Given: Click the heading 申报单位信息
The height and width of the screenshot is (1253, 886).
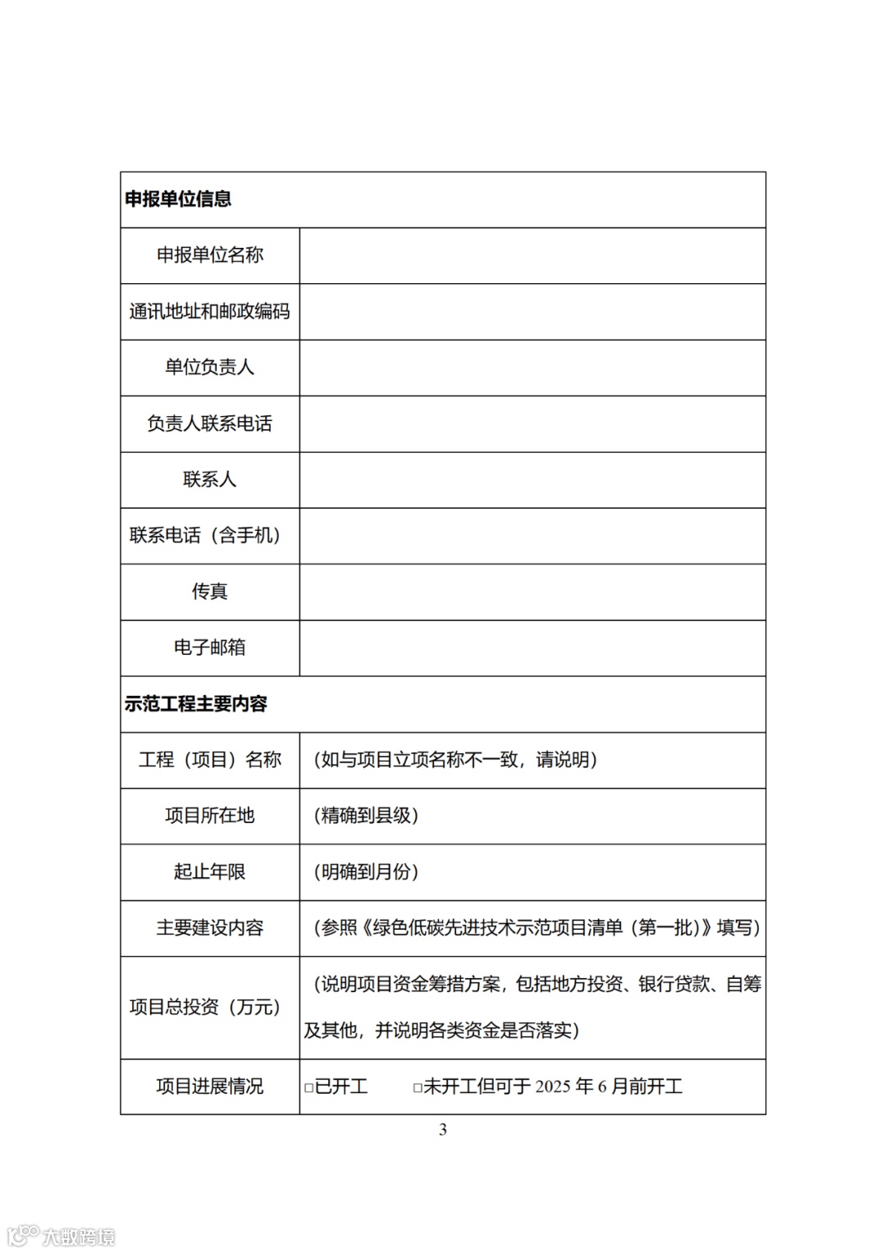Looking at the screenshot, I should [178, 199].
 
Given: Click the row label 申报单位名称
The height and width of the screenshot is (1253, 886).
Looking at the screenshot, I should [210, 255].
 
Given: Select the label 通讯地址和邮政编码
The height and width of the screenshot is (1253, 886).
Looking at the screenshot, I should [210, 311].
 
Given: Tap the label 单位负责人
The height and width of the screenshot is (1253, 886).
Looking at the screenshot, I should [210, 368].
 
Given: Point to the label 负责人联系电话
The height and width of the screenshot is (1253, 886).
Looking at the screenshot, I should [210, 423].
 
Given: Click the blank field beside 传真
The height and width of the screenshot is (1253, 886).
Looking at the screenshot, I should [532, 592].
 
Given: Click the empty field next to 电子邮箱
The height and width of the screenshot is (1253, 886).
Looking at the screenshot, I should [532, 647].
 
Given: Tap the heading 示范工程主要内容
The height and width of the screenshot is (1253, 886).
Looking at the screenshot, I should [196, 704].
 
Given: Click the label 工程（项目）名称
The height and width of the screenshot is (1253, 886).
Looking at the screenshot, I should [210, 760].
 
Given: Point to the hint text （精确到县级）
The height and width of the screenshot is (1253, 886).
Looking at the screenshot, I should [366, 816].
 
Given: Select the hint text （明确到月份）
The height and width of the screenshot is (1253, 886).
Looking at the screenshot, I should [366, 872].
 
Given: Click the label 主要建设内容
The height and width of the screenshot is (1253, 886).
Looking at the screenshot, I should [210, 928].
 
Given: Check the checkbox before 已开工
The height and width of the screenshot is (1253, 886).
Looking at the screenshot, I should [309, 1088].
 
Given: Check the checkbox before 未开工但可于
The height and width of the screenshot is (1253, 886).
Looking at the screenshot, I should [418, 1088].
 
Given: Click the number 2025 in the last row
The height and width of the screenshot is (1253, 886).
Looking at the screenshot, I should [553, 1087].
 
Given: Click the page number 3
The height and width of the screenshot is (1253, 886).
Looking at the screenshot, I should [443, 1130].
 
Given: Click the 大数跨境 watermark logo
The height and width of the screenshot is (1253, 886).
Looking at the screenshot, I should [61, 1236].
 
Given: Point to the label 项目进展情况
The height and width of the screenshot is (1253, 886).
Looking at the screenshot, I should [210, 1086].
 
